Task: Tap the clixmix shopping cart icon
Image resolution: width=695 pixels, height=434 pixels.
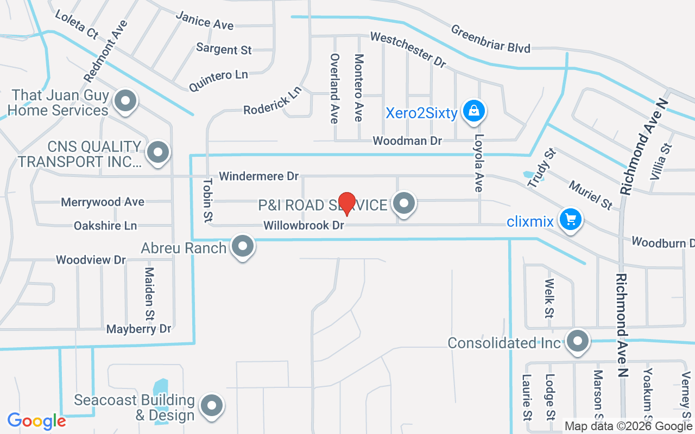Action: pyautogui.click(x=571, y=220)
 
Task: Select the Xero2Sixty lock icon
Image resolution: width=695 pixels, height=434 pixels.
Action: pyautogui.click(x=474, y=112)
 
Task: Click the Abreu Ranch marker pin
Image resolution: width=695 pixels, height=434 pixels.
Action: pyautogui.click(x=243, y=247)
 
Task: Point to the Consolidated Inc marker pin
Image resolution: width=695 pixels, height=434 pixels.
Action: pyautogui.click(x=578, y=342)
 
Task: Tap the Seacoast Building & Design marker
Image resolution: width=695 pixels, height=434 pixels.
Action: pyautogui.click(x=212, y=406)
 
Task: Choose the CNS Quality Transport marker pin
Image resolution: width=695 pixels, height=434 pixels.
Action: pyautogui.click(x=158, y=152)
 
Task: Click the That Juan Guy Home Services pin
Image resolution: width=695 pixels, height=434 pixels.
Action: pyautogui.click(x=126, y=101)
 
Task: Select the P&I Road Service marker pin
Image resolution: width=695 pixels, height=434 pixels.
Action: pyautogui.click(x=403, y=204)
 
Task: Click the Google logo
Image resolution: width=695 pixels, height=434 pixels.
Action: pyautogui.click(x=36, y=421)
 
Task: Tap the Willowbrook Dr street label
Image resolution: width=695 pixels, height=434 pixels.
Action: pyautogui.click(x=304, y=225)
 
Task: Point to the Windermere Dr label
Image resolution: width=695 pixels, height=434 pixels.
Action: pyautogui.click(x=259, y=176)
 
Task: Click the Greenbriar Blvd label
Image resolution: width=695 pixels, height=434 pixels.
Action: pyautogui.click(x=490, y=39)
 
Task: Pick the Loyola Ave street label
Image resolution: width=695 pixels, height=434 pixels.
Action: pyautogui.click(x=478, y=163)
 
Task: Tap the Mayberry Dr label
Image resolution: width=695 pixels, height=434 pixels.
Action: pyautogui.click(x=138, y=329)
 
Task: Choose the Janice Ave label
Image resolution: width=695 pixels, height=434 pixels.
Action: pyautogui.click(x=205, y=21)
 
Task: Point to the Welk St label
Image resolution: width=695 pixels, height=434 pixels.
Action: pyautogui.click(x=549, y=298)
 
